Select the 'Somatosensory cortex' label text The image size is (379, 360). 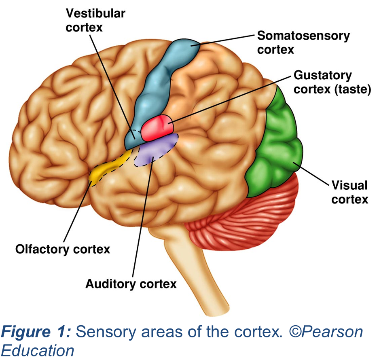click(x=303, y=42)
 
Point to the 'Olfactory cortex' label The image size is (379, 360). click(x=63, y=249)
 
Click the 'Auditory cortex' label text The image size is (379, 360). click(x=131, y=284)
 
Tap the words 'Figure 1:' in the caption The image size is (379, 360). click(x=36, y=332)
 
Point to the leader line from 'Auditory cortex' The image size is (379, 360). click(x=142, y=218)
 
